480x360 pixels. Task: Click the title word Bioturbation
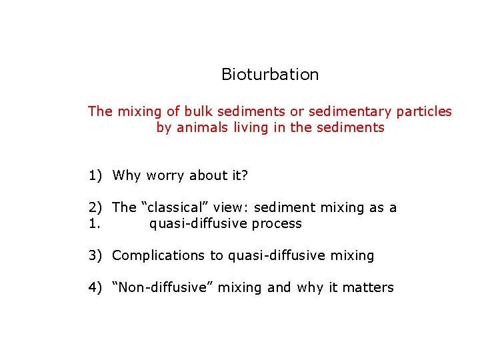[270, 75]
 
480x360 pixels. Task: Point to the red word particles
[424, 111]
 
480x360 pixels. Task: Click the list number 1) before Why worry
[95, 176]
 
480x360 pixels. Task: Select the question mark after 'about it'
[245, 176]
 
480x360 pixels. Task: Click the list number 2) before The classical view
[95, 208]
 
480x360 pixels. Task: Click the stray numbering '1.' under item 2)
[94, 224]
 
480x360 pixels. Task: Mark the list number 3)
[95, 255]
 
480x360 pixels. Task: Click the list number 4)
[95, 288]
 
